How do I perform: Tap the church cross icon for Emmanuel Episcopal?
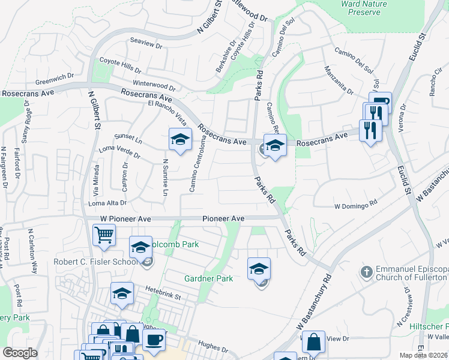pyautogui.click(x=366, y=272)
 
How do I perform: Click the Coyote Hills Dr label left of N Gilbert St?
pyautogui.click(x=120, y=61)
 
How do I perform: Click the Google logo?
pyautogui.click(x=20, y=353)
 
